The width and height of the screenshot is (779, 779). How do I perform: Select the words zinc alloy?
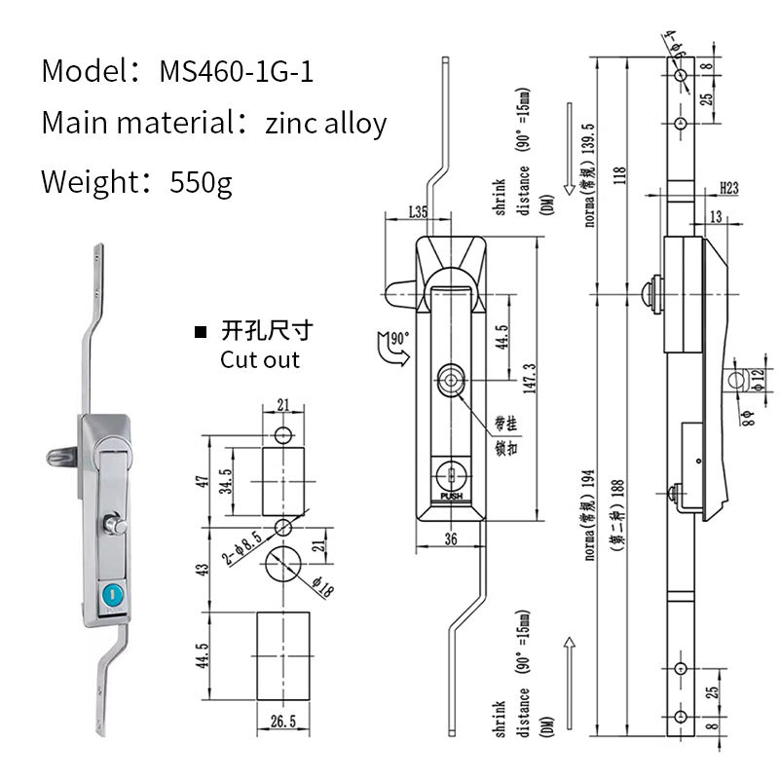[x=325, y=124]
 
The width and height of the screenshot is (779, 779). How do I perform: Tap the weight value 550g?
[x=201, y=181]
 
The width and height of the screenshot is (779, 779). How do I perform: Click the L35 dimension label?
[x=419, y=211]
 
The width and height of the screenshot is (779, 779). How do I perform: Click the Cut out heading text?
[x=259, y=359]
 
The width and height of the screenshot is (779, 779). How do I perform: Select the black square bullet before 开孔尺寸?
[x=201, y=333]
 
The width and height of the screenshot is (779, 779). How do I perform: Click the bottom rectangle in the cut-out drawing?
[x=284, y=654]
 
